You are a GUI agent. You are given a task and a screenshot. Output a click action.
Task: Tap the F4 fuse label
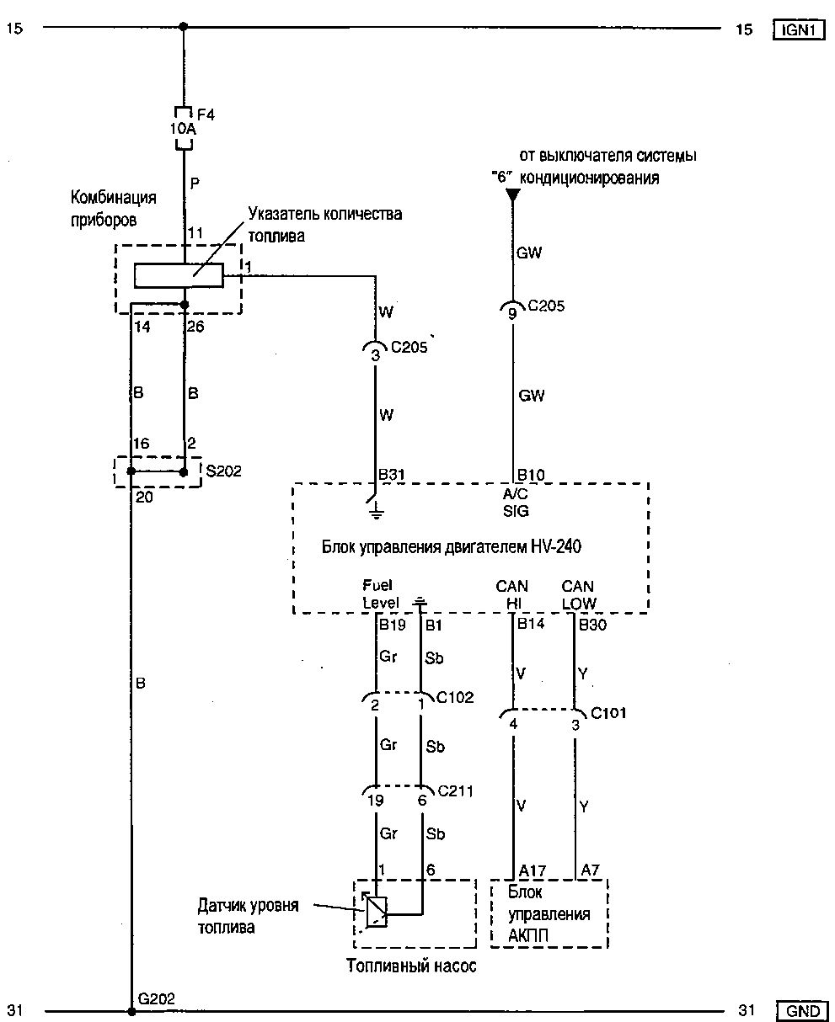[206, 114]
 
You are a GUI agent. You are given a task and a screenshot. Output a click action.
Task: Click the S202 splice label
[223, 471]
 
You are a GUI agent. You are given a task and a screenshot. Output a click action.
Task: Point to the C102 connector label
[455, 698]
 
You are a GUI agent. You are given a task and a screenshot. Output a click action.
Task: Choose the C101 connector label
[608, 713]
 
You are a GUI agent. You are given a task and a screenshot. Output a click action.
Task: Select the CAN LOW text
[578, 594]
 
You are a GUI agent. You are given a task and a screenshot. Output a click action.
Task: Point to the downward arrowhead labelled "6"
[512, 196]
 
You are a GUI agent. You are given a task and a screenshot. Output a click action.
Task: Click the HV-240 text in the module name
[557, 546]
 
